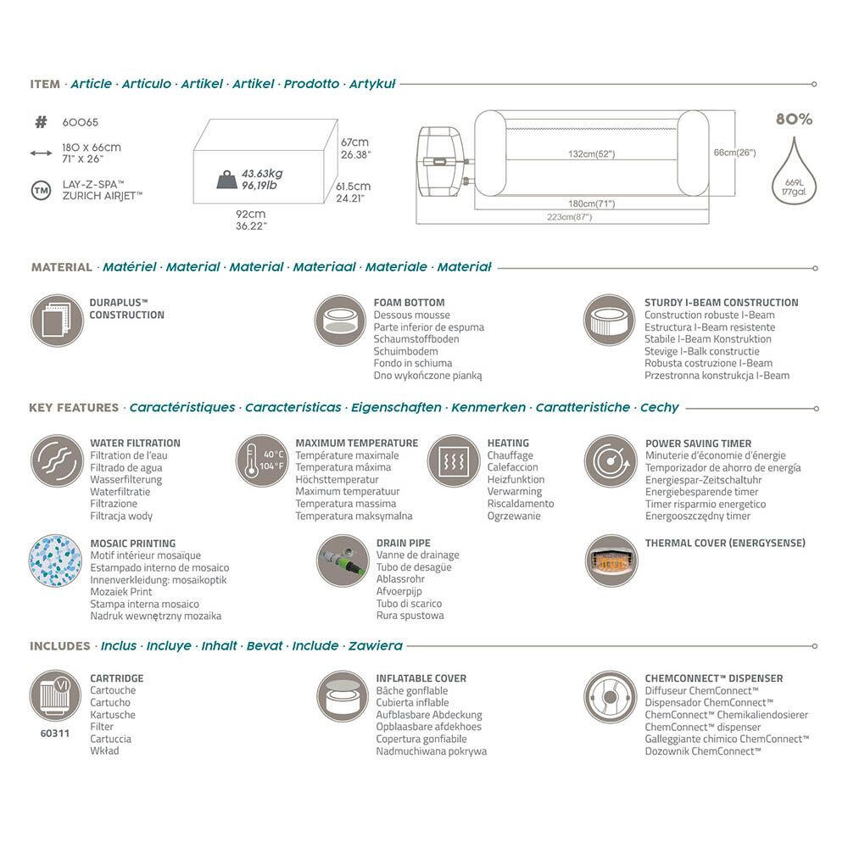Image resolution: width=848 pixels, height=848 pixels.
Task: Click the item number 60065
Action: (x=80, y=122)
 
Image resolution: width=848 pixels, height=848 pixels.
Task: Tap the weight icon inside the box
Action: (x=226, y=180)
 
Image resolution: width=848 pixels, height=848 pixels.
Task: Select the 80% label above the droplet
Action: (x=794, y=119)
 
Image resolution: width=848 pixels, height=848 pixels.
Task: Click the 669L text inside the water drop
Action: (x=794, y=183)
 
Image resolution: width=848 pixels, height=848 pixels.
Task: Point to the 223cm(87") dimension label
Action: (x=570, y=217)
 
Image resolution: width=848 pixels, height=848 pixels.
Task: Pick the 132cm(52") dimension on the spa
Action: (x=592, y=154)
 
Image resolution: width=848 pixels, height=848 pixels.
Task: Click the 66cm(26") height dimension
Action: (x=734, y=153)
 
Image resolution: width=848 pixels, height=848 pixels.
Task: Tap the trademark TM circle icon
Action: (x=41, y=190)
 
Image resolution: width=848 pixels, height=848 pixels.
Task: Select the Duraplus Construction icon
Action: (x=57, y=321)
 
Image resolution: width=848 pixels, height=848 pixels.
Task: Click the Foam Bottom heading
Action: (x=409, y=303)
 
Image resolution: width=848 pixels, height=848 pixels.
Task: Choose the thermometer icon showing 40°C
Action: (x=262, y=460)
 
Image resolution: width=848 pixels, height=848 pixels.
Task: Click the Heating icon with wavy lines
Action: (x=454, y=460)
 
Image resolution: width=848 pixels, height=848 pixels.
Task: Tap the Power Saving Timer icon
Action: (x=611, y=460)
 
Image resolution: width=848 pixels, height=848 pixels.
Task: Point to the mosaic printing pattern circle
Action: (x=55, y=561)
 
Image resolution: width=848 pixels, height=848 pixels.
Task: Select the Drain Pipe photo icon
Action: (x=343, y=561)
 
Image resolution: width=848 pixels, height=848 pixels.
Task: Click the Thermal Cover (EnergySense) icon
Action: (x=611, y=561)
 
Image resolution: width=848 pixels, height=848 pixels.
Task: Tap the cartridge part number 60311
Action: (x=54, y=734)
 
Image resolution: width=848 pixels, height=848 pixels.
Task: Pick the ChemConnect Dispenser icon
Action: (x=610, y=697)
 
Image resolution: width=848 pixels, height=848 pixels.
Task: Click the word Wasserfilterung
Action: (x=126, y=480)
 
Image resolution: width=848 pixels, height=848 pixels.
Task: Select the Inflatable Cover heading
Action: (x=421, y=678)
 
